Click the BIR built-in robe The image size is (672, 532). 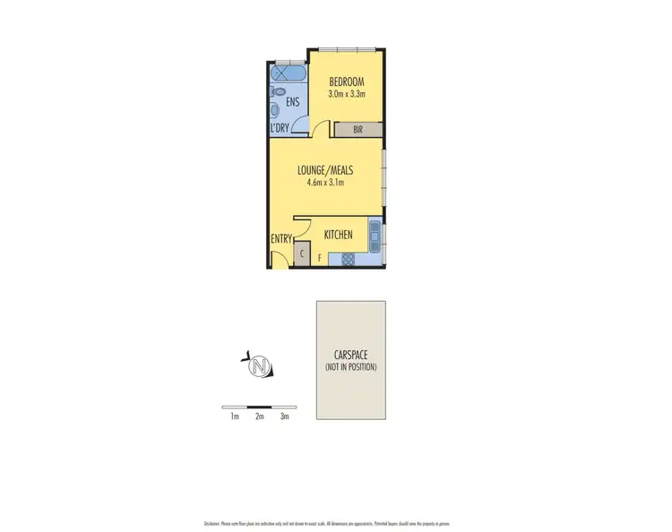358,130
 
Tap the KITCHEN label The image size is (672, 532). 338,236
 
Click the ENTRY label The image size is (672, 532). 282,239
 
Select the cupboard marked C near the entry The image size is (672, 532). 302,255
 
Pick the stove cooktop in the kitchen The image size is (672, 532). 345,260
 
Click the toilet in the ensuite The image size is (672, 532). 278,92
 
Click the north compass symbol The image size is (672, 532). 260,365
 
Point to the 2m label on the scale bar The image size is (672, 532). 260,416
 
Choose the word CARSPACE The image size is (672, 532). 350,356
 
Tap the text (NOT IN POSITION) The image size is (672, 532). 350,367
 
